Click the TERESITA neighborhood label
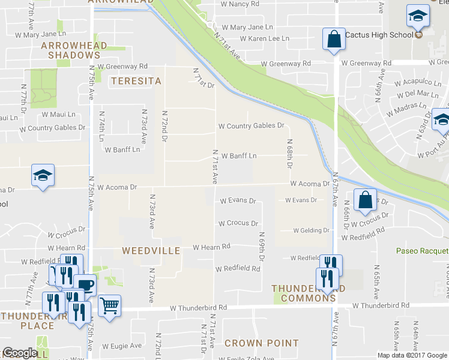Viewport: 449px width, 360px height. click(x=136, y=80)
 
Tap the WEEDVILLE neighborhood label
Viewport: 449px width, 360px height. click(x=151, y=250)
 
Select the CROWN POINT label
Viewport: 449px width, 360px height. click(x=262, y=343)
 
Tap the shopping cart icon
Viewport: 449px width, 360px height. click(x=109, y=306)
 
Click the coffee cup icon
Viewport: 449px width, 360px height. click(x=85, y=284)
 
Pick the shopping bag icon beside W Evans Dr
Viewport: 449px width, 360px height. click(x=365, y=200)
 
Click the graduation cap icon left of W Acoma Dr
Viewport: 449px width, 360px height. click(x=43, y=175)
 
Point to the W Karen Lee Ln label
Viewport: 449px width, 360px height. click(x=265, y=38)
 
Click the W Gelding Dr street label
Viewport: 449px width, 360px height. click(x=311, y=230)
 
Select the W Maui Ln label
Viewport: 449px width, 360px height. click(x=59, y=114)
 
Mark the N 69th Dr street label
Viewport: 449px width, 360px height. click(x=262, y=247)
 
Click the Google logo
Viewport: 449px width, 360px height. click(x=19, y=353)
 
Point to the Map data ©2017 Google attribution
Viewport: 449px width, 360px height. click(x=412, y=355)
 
